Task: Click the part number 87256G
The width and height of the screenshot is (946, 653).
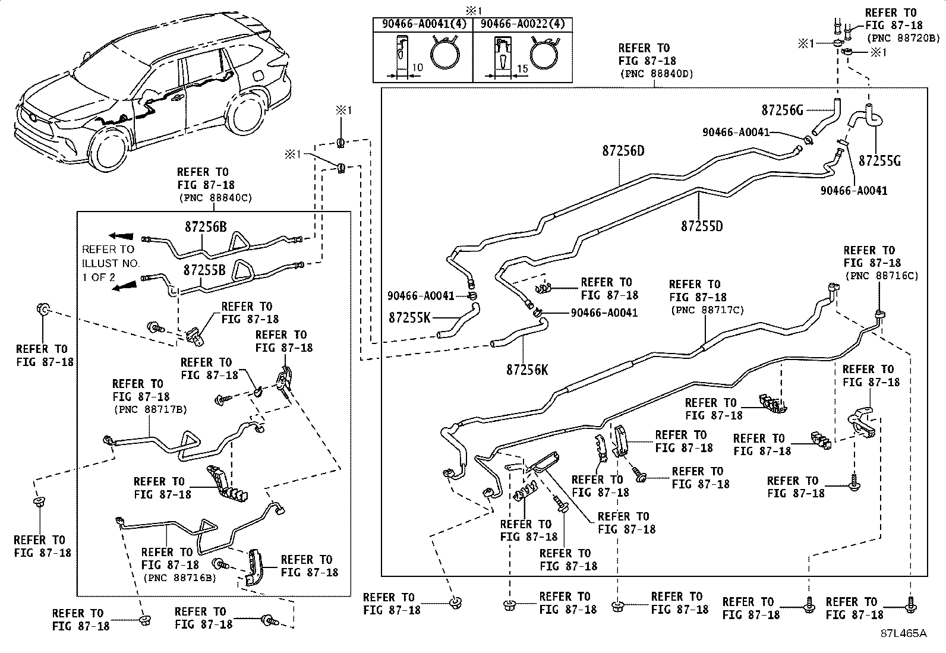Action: point(782,111)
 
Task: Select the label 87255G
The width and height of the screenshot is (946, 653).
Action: point(879,161)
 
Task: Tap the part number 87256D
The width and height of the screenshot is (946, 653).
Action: point(623,151)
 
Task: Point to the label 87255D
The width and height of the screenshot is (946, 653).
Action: point(702,226)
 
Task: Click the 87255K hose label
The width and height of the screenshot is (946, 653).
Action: point(409,318)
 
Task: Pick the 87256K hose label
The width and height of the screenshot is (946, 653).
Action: point(527,370)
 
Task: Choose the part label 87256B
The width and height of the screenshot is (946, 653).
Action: point(206,227)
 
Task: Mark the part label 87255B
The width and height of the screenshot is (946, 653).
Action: point(204,270)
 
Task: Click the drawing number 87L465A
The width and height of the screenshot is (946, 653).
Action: point(903,633)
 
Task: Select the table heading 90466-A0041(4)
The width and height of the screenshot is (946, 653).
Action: point(424,24)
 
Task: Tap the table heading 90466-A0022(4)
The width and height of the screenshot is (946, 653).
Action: point(522,24)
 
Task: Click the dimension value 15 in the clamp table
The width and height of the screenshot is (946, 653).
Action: point(522,68)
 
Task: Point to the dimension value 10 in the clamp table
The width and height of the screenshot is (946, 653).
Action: point(417,67)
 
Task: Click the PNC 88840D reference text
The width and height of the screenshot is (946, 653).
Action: point(657,74)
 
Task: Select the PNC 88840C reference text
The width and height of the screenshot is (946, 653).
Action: point(215,198)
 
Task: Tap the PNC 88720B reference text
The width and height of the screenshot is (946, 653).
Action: point(903,38)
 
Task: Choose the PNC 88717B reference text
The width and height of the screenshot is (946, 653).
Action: point(150,409)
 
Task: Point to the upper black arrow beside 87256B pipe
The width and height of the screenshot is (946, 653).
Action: point(121,236)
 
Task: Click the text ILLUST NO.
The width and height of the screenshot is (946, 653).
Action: point(110,264)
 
